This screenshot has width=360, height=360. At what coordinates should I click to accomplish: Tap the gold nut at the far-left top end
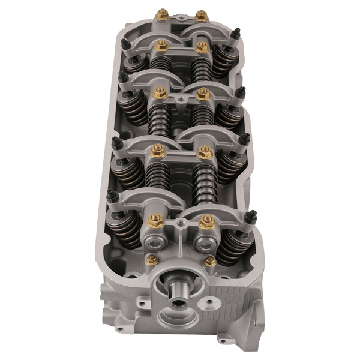[x=161, y=14]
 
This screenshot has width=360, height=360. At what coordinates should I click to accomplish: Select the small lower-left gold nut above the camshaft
[x=152, y=259]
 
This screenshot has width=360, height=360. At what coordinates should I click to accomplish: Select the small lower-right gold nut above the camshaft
[x=209, y=261]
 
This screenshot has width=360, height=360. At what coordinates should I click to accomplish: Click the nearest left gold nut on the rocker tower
[x=155, y=221]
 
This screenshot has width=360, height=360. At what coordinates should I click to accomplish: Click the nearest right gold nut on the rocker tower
[x=207, y=221]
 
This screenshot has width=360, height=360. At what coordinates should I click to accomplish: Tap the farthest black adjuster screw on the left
[x=125, y=43]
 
